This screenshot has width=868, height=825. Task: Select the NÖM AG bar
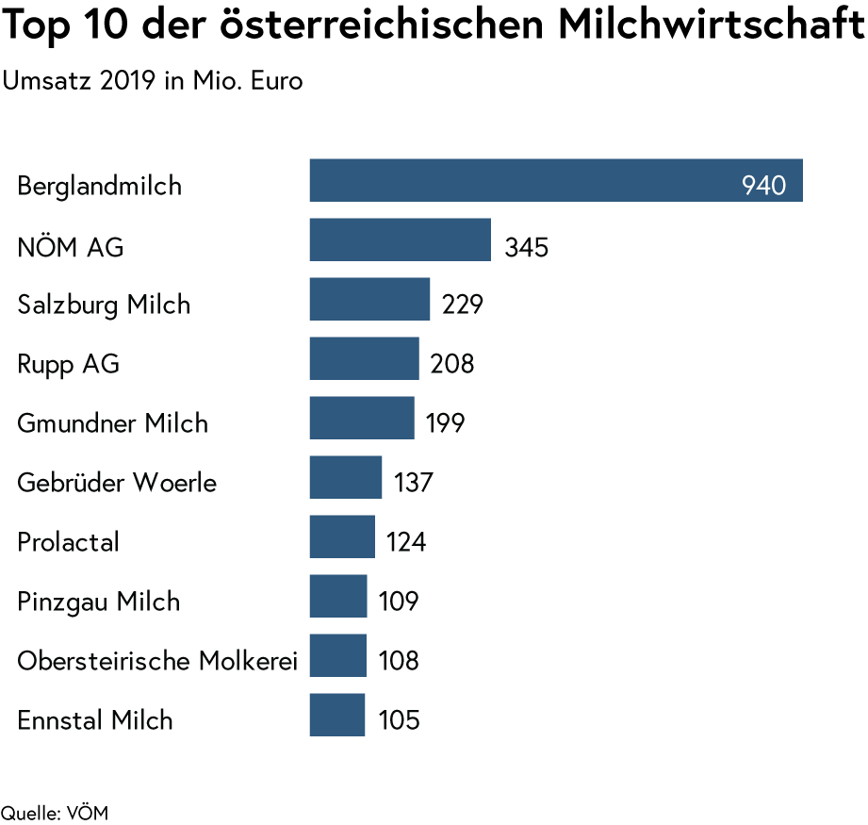(x=400, y=239)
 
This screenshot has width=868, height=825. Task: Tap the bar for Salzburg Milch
(x=369, y=299)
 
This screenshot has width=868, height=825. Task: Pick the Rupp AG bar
(x=364, y=358)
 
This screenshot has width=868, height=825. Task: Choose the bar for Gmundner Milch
(x=361, y=418)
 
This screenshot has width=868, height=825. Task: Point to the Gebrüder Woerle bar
(x=346, y=477)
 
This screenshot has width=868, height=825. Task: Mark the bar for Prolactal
(x=341, y=536)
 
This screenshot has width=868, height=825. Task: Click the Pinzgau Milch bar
(x=337, y=596)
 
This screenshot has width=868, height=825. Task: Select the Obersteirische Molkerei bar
(x=337, y=655)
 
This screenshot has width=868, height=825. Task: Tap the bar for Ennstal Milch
(x=336, y=715)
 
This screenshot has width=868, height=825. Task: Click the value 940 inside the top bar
(x=763, y=186)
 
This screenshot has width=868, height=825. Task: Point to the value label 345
(x=526, y=248)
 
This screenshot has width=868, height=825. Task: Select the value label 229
(x=463, y=305)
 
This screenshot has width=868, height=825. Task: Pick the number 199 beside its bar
(x=445, y=424)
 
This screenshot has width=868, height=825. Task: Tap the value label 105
(x=399, y=721)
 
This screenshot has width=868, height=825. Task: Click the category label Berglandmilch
(x=99, y=187)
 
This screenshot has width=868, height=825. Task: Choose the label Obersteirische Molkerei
(x=157, y=661)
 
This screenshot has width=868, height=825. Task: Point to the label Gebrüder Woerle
(x=117, y=484)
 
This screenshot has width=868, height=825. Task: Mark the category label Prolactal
(x=68, y=543)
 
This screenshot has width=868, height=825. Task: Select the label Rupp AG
(x=69, y=365)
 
